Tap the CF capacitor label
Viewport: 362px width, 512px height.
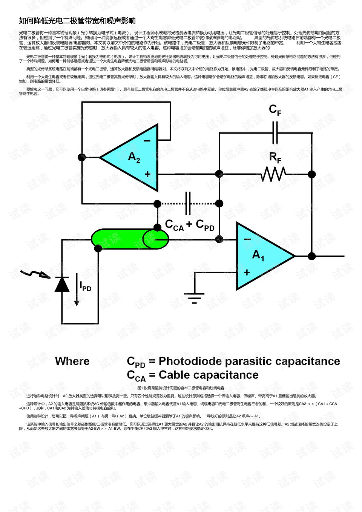275,110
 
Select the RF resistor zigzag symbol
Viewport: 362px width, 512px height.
273,174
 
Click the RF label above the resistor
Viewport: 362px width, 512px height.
275,157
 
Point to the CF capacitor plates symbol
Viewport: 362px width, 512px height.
275,133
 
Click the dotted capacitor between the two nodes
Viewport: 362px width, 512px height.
188,203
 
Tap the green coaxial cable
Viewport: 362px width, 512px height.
128,239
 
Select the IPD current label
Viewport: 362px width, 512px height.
86,287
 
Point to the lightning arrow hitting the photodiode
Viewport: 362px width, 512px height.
36,274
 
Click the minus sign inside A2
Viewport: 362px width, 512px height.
147,141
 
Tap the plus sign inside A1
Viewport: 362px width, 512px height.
247,272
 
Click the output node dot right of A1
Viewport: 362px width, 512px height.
311,256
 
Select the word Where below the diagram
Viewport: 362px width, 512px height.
72,361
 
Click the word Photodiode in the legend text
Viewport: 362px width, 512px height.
190,361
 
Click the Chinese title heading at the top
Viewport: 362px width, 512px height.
77,21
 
